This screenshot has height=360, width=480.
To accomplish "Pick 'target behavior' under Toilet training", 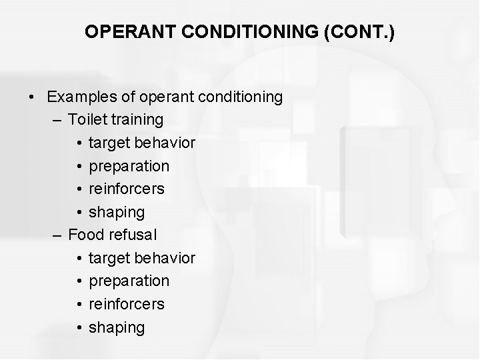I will click(x=141, y=143).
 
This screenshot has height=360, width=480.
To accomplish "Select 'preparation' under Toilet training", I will click(x=129, y=166).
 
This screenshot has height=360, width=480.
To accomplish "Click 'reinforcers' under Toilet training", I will click(x=127, y=189).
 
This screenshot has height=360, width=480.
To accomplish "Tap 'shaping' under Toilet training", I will click(x=117, y=212).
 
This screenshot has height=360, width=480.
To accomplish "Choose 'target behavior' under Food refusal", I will click(x=141, y=258).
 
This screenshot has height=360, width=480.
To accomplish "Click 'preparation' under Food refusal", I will click(x=129, y=281).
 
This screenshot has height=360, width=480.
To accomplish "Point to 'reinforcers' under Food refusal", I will click(x=127, y=304).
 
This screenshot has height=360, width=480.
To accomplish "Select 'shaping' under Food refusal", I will click(x=117, y=327).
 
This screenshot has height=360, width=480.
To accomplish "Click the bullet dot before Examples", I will click(x=31, y=97).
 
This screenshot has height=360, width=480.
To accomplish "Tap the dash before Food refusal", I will click(x=55, y=235).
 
